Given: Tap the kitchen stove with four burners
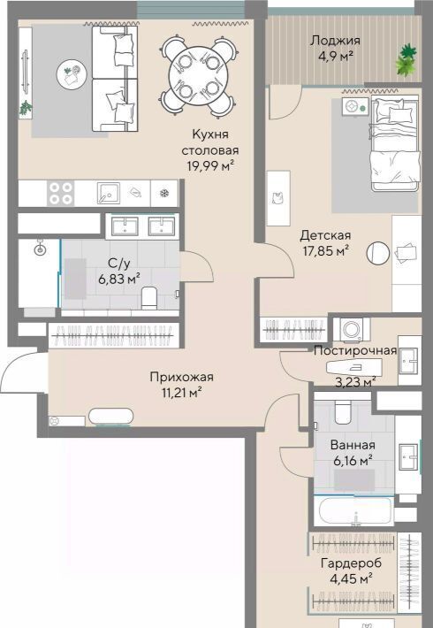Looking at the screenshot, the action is pos(61,193).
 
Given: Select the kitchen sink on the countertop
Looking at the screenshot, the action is pos(108,193).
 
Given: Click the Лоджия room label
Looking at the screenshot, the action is pos(336,41).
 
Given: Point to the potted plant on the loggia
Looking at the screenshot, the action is pos(406,60).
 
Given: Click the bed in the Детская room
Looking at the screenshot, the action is pos(395,143).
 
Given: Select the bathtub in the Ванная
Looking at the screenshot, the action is pos(353,511).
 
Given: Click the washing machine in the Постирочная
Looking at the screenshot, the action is pos(352,330).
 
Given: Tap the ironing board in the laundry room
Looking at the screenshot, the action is pos(353,367).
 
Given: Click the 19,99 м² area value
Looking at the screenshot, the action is pos(210,165).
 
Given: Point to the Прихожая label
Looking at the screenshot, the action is pos(182,377).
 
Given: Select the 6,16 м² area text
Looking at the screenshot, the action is pos(353,461).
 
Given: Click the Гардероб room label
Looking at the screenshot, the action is pos(352,563).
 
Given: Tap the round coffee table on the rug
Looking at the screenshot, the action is pos(72,74).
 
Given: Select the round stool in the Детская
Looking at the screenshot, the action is pos(378,253).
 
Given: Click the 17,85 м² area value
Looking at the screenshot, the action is pos(326,251).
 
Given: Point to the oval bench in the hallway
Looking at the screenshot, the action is pos(110,417).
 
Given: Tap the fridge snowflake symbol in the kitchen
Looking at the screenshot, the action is pos(164,194).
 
